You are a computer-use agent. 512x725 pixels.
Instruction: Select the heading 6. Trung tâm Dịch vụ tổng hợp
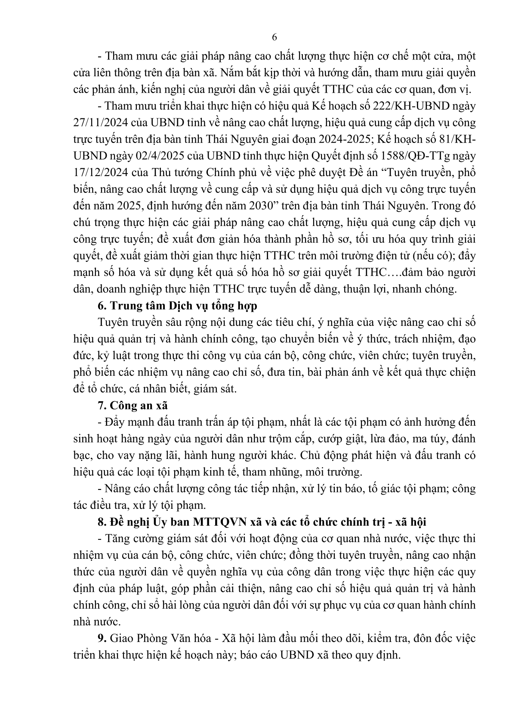pyautogui.click(x=178, y=306)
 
